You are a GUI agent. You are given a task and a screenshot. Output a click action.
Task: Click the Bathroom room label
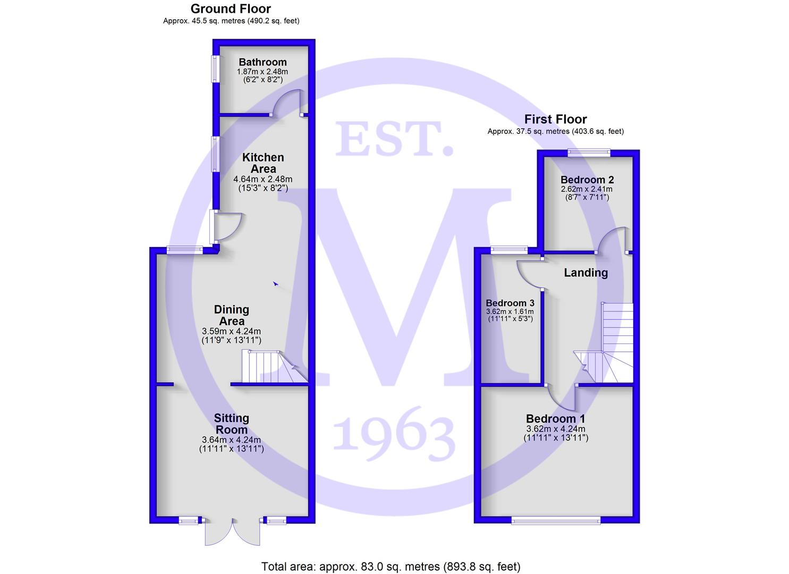[x=262, y=62]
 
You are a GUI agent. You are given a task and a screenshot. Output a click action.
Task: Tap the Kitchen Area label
[x=263, y=163]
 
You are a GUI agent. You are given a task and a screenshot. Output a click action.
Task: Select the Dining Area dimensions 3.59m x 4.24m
[x=231, y=331]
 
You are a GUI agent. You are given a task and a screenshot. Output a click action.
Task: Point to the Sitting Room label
[x=232, y=424]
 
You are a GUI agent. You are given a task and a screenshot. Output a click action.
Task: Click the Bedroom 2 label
[x=587, y=180]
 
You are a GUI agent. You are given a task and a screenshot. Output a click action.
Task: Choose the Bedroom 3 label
[x=510, y=303]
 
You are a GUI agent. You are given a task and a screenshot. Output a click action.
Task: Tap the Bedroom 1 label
[x=555, y=419]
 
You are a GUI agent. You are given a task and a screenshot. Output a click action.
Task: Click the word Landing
[x=586, y=273]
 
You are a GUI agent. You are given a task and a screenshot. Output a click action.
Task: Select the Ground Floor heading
[x=231, y=9]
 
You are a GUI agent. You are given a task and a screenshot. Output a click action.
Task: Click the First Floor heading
[x=555, y=119]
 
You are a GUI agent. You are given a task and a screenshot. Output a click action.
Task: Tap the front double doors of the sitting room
[x=233, y=532]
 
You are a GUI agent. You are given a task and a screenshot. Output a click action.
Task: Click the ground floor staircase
[x=275, y=366]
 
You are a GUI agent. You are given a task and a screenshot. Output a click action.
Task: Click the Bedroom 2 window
[x=589, y=152]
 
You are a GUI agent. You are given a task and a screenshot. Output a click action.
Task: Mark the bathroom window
[x=215, y=69]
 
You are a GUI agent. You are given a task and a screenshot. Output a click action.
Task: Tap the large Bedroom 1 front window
[x=556, y=520]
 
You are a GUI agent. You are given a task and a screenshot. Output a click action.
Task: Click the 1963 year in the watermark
[x=394, y=434]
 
